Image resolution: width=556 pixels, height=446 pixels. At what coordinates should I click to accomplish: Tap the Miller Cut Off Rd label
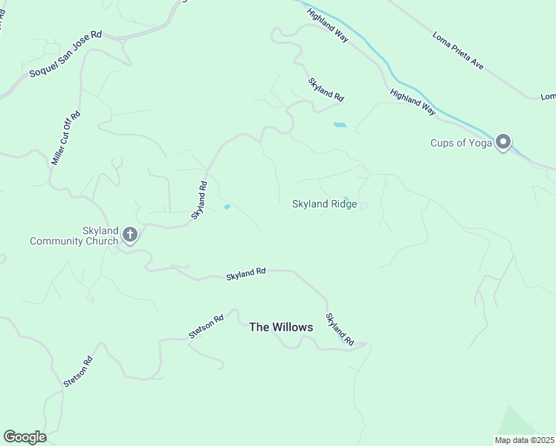[65, 138]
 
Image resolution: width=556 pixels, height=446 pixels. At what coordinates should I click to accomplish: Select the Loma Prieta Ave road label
[458, 51]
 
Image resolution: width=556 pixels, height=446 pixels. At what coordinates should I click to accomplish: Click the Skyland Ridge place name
[325, 204]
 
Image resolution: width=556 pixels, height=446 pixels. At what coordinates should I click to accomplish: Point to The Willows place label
[281, 327]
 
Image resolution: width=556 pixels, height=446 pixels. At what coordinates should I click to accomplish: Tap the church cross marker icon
[129, 236]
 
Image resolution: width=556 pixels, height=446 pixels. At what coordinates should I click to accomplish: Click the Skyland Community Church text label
[74, 236]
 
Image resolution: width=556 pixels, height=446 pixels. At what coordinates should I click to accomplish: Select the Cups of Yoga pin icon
[503, 142]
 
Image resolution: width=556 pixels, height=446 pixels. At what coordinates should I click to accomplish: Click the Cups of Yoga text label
[462, 143]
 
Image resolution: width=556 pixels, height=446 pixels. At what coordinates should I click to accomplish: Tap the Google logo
[25, 437]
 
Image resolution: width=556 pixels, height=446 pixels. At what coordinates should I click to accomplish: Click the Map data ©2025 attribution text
[524, 440]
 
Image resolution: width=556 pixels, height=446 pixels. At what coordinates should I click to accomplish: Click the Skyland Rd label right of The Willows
[338, 327]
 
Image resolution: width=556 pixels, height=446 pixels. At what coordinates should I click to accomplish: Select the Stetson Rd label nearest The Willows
[206, 327]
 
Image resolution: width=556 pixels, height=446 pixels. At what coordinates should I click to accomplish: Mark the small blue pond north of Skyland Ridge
[340, 125]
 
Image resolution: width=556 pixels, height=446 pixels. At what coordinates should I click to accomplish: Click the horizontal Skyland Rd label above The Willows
[246, 274]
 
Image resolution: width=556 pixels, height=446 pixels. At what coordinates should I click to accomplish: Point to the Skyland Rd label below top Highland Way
[326, 90]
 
